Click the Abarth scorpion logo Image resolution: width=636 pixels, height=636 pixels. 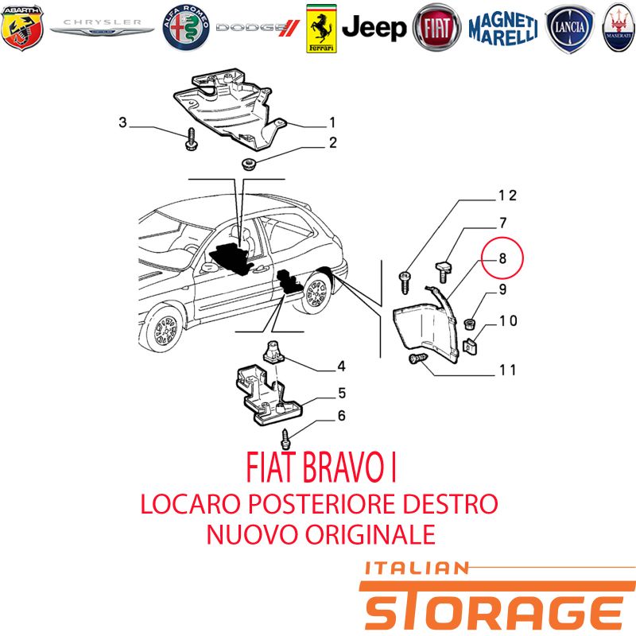[22, 28]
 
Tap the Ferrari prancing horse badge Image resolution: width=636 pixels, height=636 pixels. [321, 29]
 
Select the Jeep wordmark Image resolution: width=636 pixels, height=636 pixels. [374, 28]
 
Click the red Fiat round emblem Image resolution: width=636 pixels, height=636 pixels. [436, 28]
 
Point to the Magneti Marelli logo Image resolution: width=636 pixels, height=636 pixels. [503, 28]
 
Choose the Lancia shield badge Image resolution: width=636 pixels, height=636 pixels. [569, 28]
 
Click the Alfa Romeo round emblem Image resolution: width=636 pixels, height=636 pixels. [186, 28]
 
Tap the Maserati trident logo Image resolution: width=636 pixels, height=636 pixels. [619, 28]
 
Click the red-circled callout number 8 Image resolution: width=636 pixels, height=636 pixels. [502, 258]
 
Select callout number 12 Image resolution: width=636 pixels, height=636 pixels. [507, 196]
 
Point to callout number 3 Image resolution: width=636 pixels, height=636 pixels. [122, 122]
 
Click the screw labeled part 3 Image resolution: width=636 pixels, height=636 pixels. [191, 139]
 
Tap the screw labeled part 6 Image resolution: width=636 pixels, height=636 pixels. [286, 440]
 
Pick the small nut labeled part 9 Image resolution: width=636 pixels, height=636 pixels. [469, 324]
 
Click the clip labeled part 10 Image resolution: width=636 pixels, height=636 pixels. [470, 346]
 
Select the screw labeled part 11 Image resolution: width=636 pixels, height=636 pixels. [418, 359]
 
